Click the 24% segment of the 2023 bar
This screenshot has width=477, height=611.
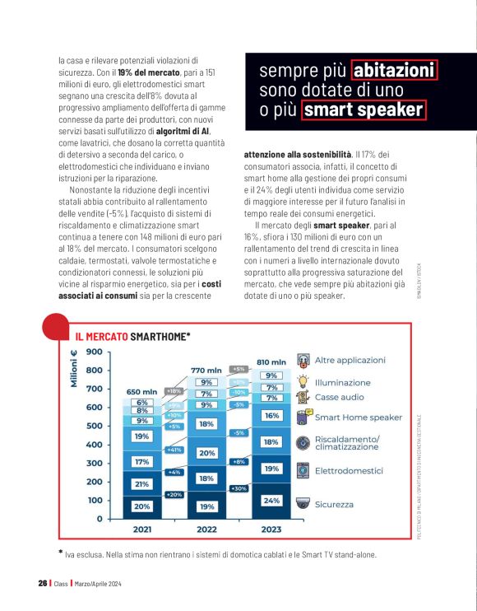271,500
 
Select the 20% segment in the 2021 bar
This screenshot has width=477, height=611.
142,506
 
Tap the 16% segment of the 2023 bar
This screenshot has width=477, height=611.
271,417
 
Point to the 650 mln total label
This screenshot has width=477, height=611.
141,391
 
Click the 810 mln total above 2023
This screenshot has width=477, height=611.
271,361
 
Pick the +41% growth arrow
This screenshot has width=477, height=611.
174,450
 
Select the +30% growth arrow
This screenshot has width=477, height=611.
239,488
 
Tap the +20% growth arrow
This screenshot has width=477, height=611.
174,494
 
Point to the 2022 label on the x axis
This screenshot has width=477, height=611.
206,529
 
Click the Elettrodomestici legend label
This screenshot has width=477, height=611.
350,471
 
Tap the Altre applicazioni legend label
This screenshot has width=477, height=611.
350,360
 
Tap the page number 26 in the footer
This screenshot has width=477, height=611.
42,583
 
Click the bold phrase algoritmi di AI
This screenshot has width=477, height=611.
182,131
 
